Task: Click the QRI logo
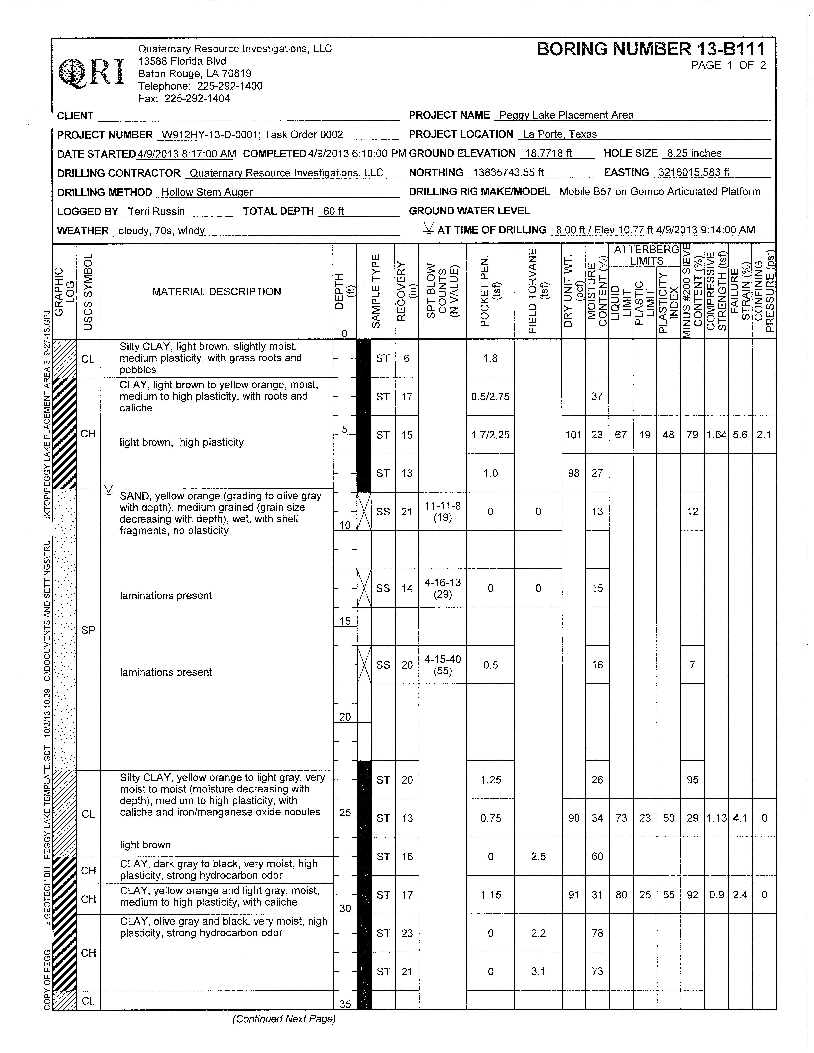(x=92, y=72)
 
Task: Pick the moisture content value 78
(x=597, y=933)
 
